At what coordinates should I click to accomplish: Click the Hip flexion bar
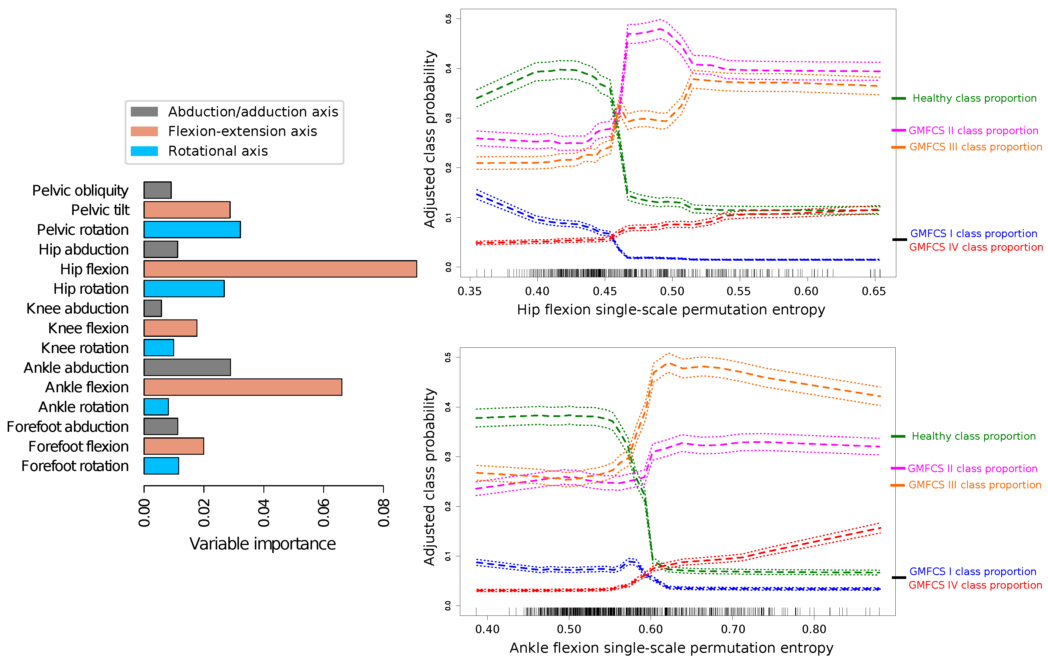click(x=280, y=269)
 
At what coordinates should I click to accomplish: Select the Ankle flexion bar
click(x=243, y=387)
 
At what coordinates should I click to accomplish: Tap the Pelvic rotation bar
click(x=192, y=229)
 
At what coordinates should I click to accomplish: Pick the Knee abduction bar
click(x=153, y=308)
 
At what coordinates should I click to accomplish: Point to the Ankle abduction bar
click(x=187, y=367)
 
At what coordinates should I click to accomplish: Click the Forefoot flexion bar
click(x=174, y=446)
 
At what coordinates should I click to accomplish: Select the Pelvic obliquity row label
click(x=80, y=191)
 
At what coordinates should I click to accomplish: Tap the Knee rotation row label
click(x=85, y=348)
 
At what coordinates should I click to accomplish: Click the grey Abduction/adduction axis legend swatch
click(x=144, y=111)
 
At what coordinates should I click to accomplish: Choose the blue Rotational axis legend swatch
click(x=144, y=151)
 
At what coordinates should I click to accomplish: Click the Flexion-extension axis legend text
click(x=242, y=131)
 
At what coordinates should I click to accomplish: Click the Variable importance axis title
click(x=263, y=544)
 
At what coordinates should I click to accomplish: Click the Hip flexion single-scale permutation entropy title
click(x=671, y=310)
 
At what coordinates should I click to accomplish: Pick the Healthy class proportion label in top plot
click(x=974, y=99)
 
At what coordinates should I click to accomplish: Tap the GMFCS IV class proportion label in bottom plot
click(x=975, y=585)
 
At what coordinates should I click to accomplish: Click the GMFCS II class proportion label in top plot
click(x=973, y=131)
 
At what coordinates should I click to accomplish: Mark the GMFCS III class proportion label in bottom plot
click(x=975, y=485)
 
